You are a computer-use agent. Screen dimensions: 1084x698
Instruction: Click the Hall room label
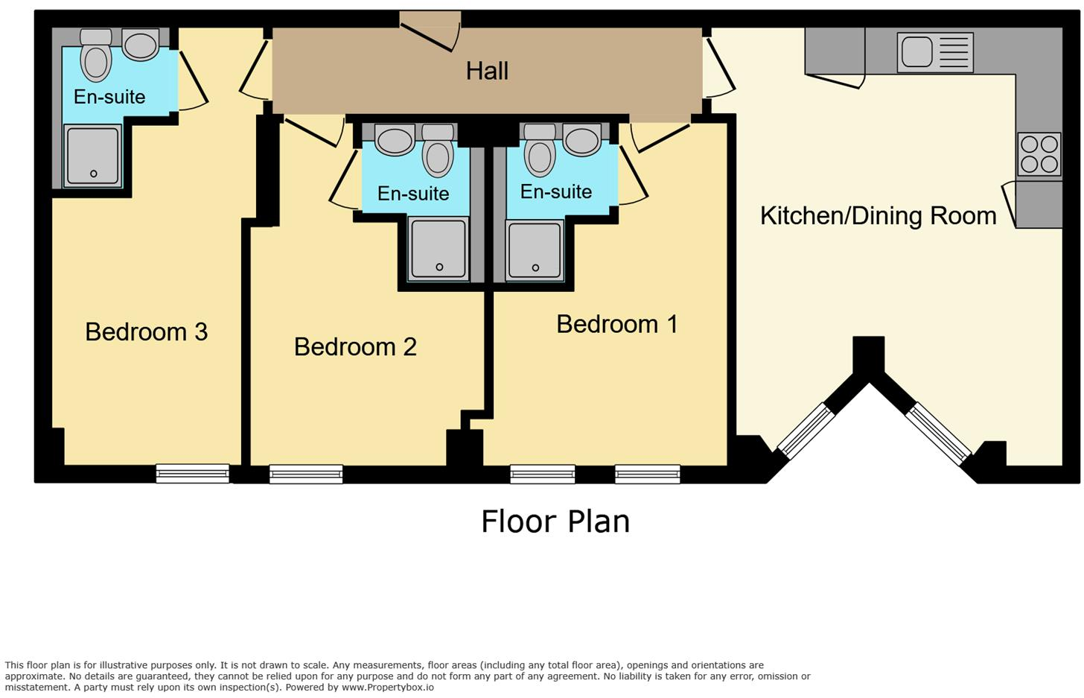point(487,72)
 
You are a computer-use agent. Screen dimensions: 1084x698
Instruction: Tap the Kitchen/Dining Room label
point(879,216)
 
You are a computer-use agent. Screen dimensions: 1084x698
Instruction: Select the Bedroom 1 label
point(617,324)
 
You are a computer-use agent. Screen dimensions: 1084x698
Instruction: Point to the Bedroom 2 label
point(355,346)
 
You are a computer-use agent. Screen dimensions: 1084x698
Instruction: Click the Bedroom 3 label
point(146,331)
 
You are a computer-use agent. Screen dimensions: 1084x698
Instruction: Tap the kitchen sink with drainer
point(935,52)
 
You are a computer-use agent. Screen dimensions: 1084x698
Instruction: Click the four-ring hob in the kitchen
point(1039,154)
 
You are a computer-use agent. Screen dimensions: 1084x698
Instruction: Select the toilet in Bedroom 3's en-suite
point(96,54)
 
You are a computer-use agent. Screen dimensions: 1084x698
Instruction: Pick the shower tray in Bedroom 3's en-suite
point(93,156)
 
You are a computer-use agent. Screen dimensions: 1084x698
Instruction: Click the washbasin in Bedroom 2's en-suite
point(395,139)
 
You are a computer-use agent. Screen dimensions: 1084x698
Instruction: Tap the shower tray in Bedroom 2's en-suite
point(439,249)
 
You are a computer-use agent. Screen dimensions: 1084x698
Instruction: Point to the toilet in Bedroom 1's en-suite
point(540,150)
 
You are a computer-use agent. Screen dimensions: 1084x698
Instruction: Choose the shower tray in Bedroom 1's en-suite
point(535,250)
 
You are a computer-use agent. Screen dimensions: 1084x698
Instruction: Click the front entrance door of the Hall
point(430,32)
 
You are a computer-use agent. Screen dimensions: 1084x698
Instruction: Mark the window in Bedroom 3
point(193,473)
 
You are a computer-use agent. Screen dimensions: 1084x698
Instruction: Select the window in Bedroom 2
point(306,474)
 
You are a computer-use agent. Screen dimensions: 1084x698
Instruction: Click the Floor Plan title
point(555,521)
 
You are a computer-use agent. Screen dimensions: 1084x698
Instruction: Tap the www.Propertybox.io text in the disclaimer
point(388,688)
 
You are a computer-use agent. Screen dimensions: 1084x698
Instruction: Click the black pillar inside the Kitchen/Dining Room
point(869,355)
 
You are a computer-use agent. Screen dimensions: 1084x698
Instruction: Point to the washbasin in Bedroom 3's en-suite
point(140,45)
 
